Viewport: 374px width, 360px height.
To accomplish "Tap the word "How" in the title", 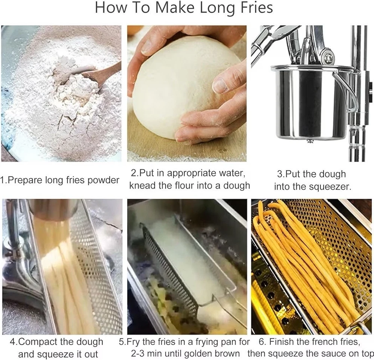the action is tap(111, 7).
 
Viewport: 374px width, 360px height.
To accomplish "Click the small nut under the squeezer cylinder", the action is tap(310, 141).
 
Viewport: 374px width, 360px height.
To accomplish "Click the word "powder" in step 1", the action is tap(104, 180).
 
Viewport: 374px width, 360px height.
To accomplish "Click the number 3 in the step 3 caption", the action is tap(279, 174).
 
